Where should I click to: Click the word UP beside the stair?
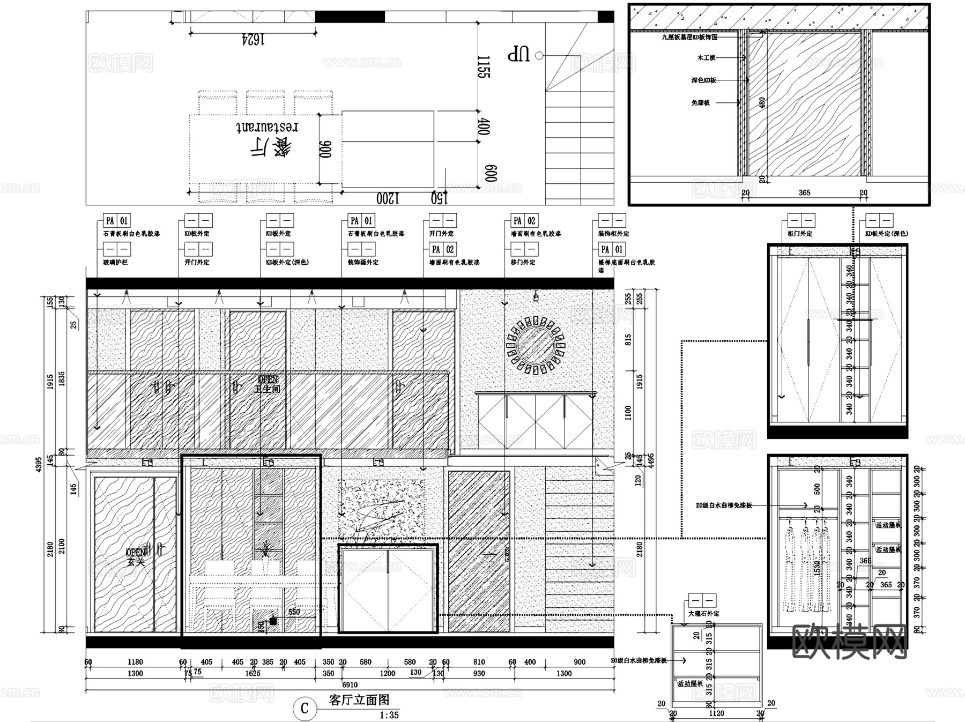(x=518, y=54)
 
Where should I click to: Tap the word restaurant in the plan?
(x=267, y=126)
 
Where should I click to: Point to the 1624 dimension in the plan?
(x=253, y=40)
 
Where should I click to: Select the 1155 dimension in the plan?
(x=484, y=67)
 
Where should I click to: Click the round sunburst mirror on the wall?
(x=536, y=345)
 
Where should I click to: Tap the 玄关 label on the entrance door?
(x=136, y=562)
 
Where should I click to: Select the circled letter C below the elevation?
(x=305, y=709)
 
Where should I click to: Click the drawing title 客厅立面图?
(x=359, y=699)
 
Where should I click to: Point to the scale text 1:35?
(x=389, y=715)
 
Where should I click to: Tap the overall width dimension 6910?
(x=350, y=684)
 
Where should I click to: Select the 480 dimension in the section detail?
(x=762, y=103)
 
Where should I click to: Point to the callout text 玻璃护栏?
(x=115, y=262)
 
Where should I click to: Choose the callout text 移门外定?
(x=523, y=262)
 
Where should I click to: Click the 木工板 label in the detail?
(x=706, y=57)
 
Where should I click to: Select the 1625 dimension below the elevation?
(x=253, y=673)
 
